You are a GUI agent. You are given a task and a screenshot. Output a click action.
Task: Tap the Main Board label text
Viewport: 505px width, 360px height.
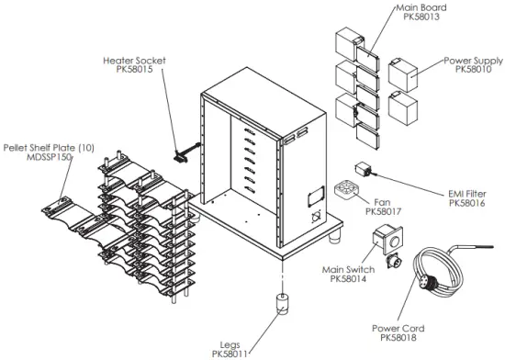(419, 6)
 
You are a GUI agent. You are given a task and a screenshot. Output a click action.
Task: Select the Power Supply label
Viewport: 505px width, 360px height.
(473, 60)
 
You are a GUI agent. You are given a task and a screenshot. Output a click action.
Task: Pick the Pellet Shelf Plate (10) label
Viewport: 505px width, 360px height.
(47, 147)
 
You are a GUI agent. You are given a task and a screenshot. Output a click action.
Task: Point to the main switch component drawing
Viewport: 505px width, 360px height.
(386, 242)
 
